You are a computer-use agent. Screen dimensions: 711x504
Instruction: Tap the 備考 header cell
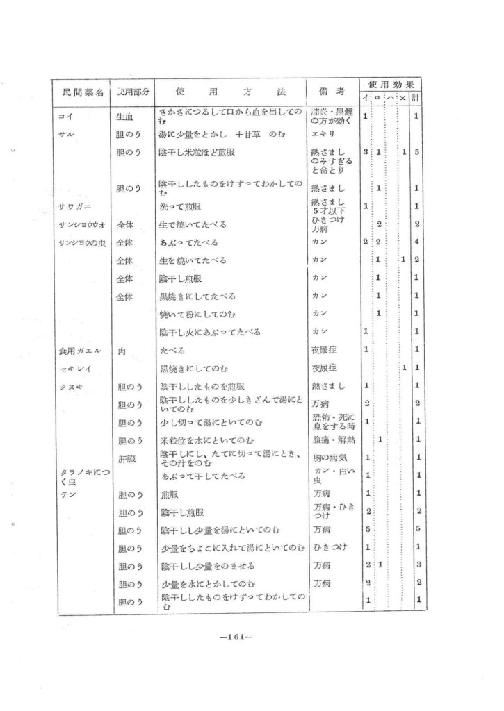click(x=332, y=92)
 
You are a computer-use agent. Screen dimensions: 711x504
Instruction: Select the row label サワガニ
click(x=72, y=206)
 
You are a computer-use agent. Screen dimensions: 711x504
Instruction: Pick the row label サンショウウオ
click(x=78, y=224)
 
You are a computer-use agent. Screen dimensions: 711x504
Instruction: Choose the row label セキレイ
click(x=72, y=368)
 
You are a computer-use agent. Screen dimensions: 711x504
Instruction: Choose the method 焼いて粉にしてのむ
click(x=197, y=314)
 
